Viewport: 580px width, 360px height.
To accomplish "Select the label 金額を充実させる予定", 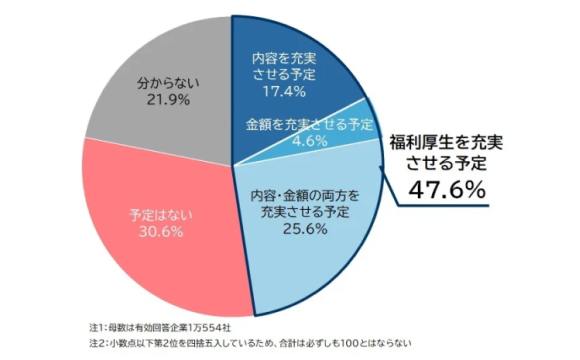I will click(310, 124).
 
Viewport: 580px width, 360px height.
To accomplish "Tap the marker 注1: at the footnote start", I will click(102, 326).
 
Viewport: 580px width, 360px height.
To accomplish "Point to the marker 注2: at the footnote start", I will click(102, 345).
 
